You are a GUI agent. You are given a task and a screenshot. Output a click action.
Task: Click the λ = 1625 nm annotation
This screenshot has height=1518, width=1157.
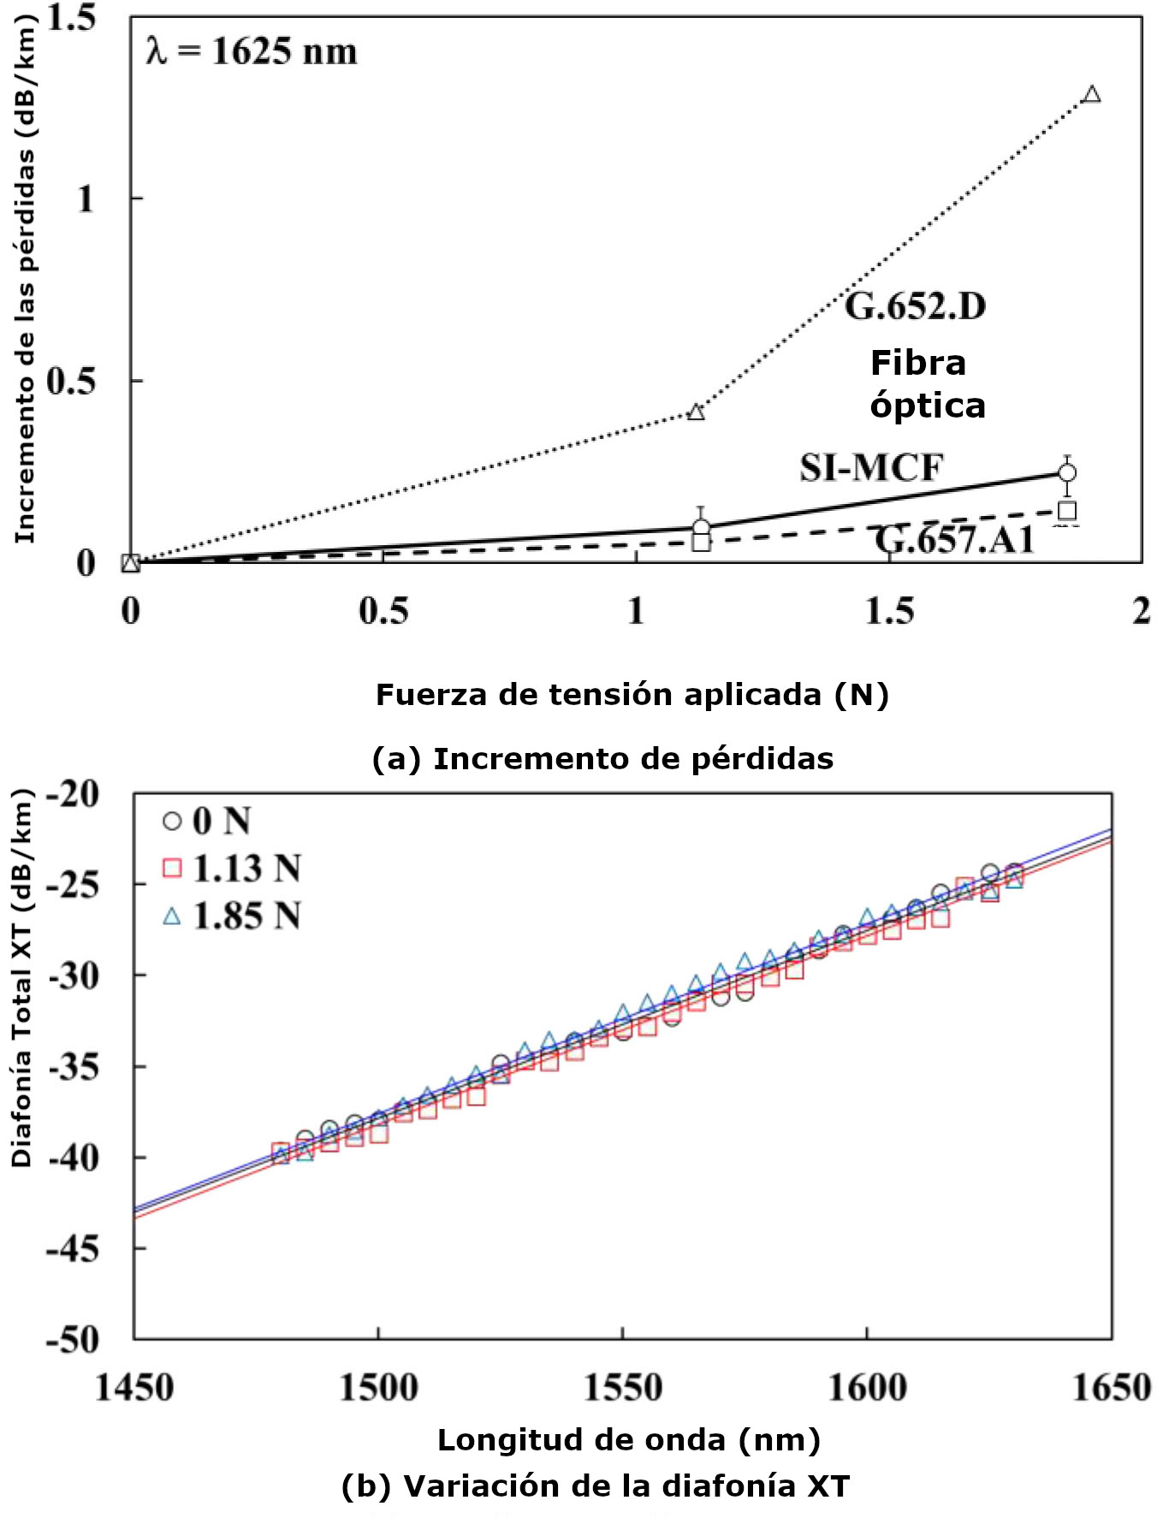[252, 51]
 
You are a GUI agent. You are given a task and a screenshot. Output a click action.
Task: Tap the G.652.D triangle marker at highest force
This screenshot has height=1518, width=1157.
[1091, 95]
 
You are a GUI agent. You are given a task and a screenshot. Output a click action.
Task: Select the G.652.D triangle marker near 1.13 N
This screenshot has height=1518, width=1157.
[696, 412]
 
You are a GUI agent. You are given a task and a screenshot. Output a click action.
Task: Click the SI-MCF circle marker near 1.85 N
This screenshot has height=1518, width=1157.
[1067, 472]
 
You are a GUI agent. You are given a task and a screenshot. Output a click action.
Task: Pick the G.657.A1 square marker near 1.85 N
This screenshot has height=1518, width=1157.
[1067, 511]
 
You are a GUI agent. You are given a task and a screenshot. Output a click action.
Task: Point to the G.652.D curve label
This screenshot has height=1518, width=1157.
[915, 305]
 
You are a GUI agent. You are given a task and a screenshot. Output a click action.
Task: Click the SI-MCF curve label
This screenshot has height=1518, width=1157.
[871, 468]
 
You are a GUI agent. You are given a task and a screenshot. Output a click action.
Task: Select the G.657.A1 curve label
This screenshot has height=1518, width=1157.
[954, 540]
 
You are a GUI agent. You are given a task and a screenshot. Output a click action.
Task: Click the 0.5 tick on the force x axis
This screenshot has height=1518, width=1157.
[383, 611]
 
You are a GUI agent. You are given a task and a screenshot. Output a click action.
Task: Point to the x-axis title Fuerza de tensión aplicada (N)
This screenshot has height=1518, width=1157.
[632, 694]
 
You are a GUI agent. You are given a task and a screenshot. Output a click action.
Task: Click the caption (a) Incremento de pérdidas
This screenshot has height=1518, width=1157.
[602, 758]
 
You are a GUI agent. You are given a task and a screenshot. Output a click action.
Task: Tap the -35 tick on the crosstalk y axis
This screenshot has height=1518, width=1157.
[73, 1066]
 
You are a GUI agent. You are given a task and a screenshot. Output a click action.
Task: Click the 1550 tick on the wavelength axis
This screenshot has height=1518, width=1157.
[622, 1387]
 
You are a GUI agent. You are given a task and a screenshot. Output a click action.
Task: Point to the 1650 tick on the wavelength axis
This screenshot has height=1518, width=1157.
[1111, 1387]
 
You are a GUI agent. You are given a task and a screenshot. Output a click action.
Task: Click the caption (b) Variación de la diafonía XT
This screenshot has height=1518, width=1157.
[596, 1485]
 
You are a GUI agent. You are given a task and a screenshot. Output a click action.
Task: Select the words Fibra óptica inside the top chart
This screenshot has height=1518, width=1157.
[927, 384]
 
